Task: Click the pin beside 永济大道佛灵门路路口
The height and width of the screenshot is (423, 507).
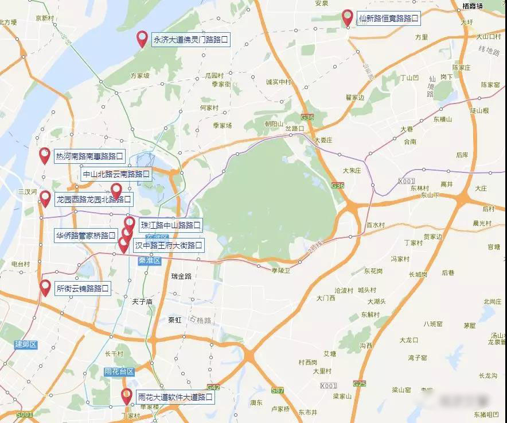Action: (142, 39)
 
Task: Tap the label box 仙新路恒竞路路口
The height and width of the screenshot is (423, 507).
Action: (388, 18)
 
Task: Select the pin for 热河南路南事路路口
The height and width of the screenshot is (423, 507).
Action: (45, 155)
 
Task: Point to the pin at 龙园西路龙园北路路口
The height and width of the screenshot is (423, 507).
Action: (45, 198)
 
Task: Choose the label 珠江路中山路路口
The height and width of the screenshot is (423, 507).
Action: (170, 225)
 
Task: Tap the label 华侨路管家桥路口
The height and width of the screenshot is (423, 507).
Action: (85, 235)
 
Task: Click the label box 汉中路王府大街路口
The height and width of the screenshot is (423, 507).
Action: (169, 245)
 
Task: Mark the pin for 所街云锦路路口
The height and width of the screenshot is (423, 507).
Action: (45, 287)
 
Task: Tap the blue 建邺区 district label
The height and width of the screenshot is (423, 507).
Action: (26, 344)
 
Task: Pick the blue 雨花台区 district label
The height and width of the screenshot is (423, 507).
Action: (119, 372)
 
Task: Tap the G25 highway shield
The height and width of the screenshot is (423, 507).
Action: (360, 383)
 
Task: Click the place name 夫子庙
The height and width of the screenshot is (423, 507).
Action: (141, 301)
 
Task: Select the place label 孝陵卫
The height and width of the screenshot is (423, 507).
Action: (281, 270)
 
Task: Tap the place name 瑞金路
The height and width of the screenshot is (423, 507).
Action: (181, 276)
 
